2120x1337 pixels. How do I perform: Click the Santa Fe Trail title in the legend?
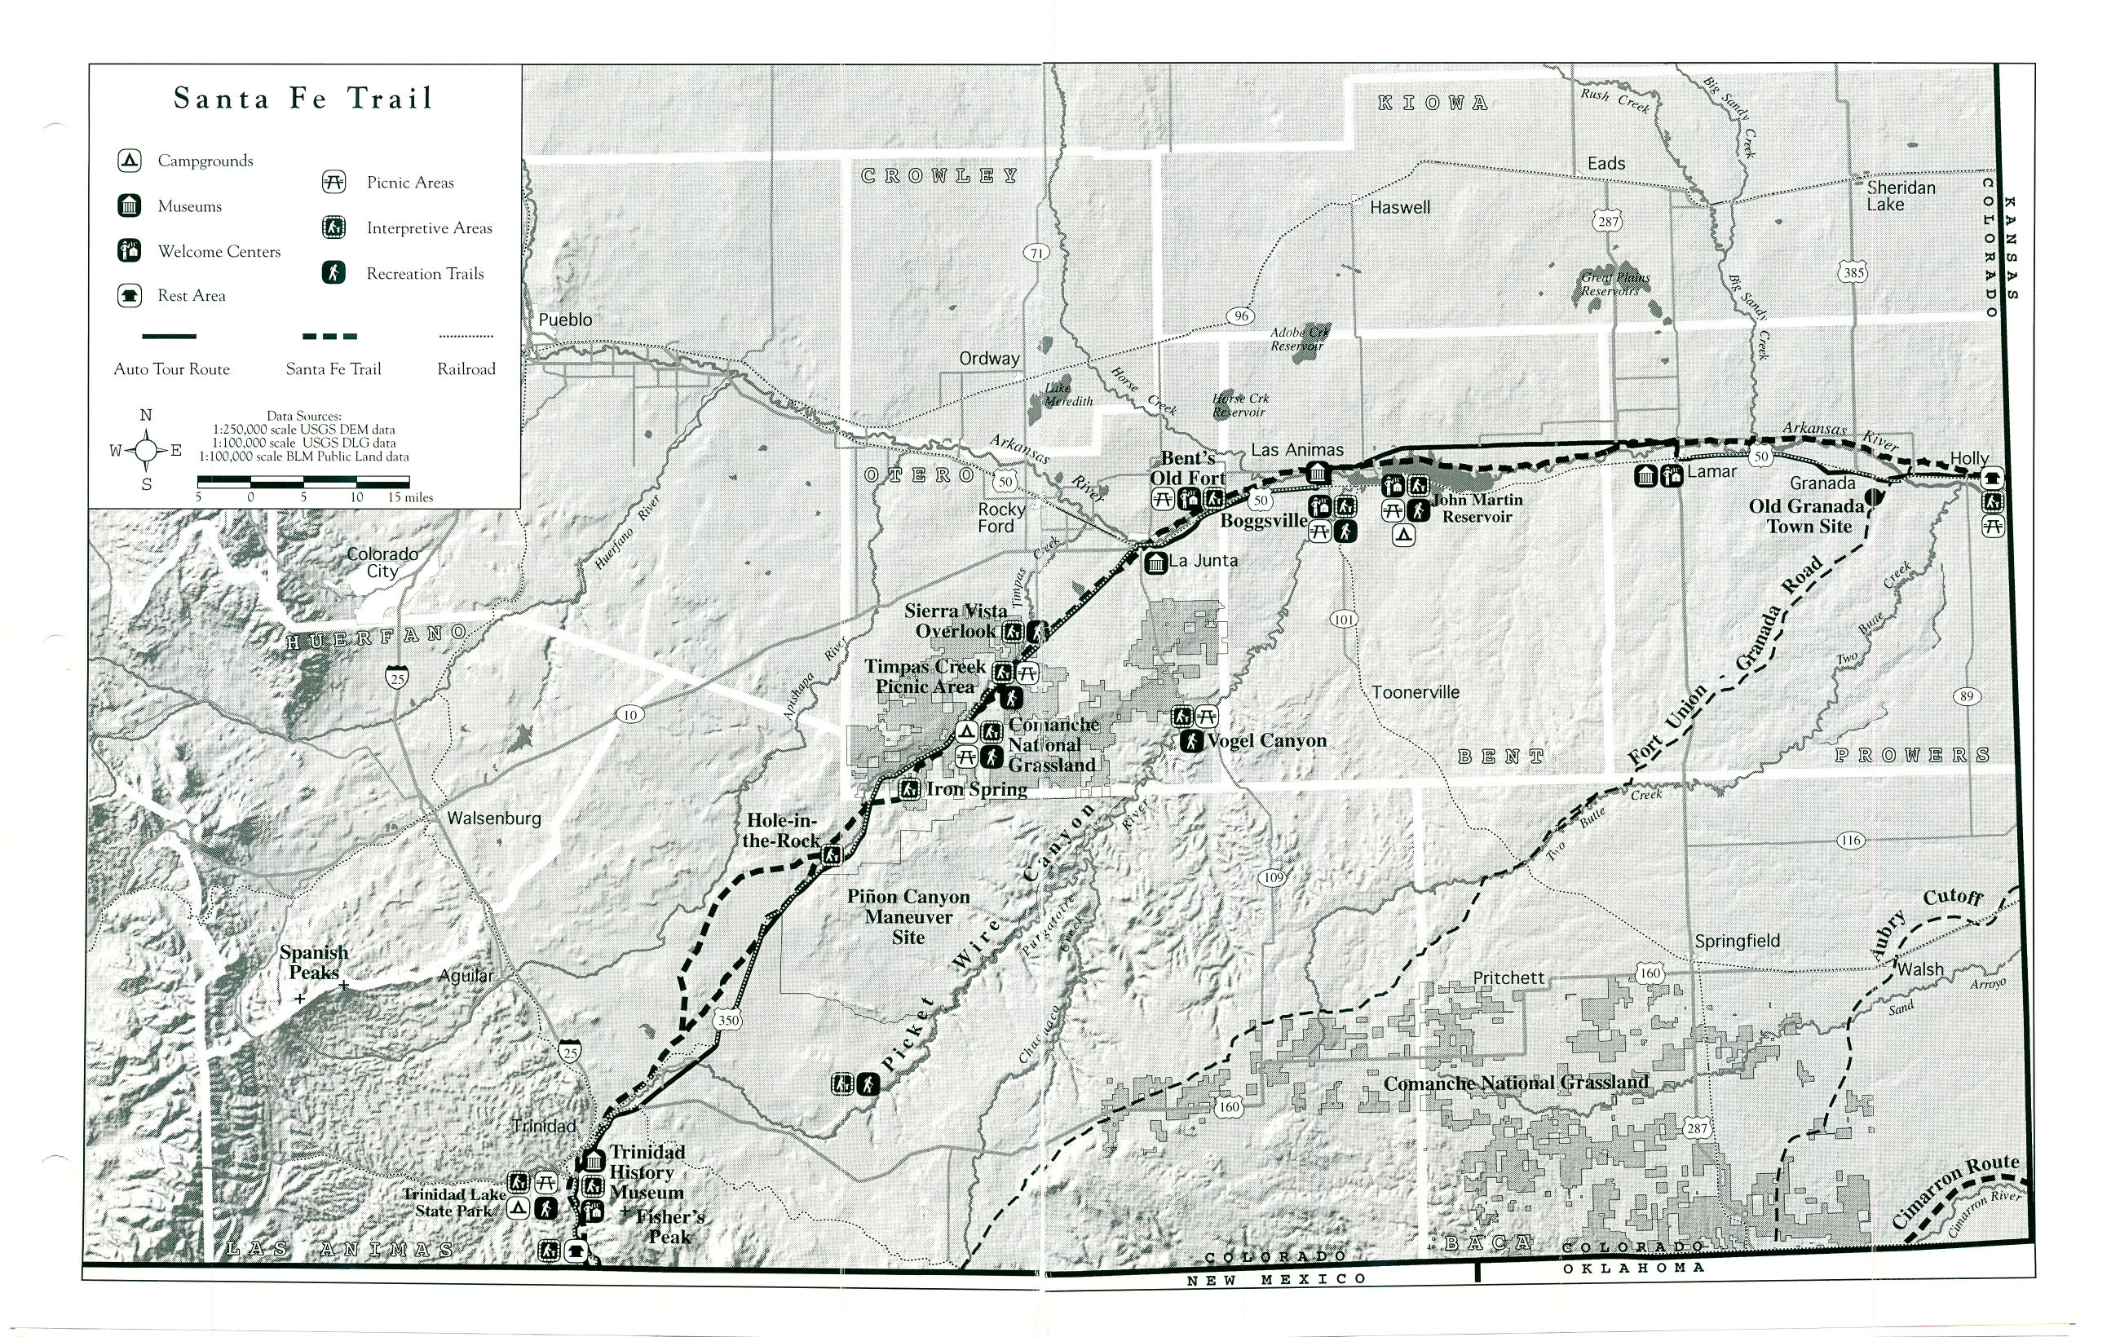(303, 98)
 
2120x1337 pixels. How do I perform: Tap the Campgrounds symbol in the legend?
(130, 160)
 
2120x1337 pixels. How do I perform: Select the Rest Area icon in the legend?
(130, 296)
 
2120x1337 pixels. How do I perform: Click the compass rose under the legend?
(146, 451)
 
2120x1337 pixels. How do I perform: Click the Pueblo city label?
(565, 320)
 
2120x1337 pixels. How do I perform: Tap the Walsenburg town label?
(494, 818)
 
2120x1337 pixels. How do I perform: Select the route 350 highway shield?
(728, 1021)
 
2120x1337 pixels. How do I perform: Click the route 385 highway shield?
(1853, 273)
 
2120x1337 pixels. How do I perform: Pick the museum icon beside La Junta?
(1155, 562)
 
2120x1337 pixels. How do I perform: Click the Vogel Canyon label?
(1266, 740)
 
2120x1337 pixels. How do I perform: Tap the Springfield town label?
(1737, 941)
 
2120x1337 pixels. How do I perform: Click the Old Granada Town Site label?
(1807, 516)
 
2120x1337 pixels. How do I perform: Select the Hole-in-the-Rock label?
(781, 830)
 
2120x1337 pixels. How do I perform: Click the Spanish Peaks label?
(314, 962)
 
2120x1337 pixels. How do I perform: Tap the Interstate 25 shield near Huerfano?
(397, 677)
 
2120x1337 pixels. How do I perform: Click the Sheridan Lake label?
(1901, 196)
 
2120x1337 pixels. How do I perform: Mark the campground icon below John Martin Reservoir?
(1403, 534)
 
